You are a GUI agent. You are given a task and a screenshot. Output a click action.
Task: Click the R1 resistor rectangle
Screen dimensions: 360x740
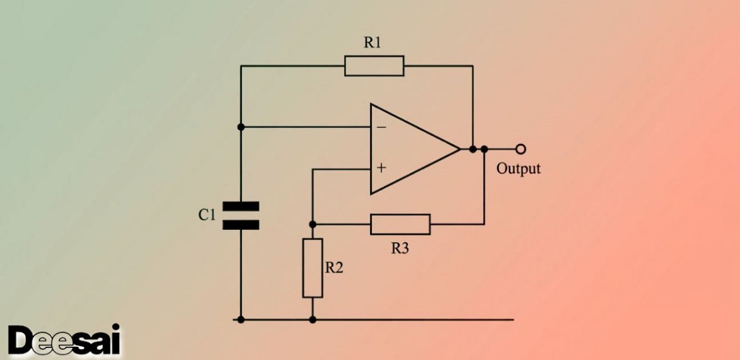pyautogui.click(x=374, y=66)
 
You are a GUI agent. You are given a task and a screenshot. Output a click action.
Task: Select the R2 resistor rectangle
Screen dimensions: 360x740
pyautogui.click(x=313, y=267)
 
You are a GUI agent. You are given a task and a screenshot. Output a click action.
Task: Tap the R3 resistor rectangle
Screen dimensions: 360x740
pyautogui.click(x=400, y=224)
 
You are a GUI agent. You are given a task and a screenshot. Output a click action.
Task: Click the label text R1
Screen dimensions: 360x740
pyautogui.click(x=373, y=43)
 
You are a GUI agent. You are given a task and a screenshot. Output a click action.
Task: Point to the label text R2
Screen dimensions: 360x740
pyautogui.click(x=334, y=268)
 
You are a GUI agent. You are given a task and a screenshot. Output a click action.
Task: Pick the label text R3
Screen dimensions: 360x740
pyautogui.click(x=400, y=249)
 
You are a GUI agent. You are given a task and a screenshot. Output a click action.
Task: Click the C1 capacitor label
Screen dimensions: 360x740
pyautogui.click(x=207, y=215)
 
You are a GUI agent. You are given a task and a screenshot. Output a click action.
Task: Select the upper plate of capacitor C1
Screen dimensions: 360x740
pyautogui.click(x=241, y=206)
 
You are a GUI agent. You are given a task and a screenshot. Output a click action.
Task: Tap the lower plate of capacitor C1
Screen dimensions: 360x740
pyautogui.click(x=241, y=225)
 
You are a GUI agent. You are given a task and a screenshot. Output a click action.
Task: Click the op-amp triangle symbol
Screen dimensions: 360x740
pyautogui.click(x=406, y=149)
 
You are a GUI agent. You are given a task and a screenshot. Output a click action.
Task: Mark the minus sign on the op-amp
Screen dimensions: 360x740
pyautogui.click(x=381, y=127)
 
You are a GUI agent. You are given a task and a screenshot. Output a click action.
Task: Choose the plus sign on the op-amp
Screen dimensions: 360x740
pyautogui.click(x=381, y=169)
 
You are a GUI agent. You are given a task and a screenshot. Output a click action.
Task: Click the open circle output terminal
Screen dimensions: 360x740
pyautogui.click(x=521, y=148)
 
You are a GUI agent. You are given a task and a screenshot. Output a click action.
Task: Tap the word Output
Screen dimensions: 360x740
pyautogui.click(x=518, y=169)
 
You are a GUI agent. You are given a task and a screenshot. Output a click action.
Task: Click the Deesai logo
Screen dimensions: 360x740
pyautogui.click(x=65, y=341)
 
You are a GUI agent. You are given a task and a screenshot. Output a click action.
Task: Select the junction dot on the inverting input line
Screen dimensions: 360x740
pyautogui.click(x=241, y=127)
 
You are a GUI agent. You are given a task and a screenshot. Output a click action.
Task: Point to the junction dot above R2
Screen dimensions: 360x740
pyautogui.click(x=313, y=224)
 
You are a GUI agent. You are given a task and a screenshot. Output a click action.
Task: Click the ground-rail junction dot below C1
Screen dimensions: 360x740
pyautogui.click(x=241, y=319)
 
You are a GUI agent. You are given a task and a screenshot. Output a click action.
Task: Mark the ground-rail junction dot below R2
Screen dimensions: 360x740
pyautogui.click(x=313, y=319)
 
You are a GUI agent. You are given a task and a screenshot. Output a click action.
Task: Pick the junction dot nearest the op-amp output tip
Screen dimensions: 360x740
pyautogui.click(x=473, y=148)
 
